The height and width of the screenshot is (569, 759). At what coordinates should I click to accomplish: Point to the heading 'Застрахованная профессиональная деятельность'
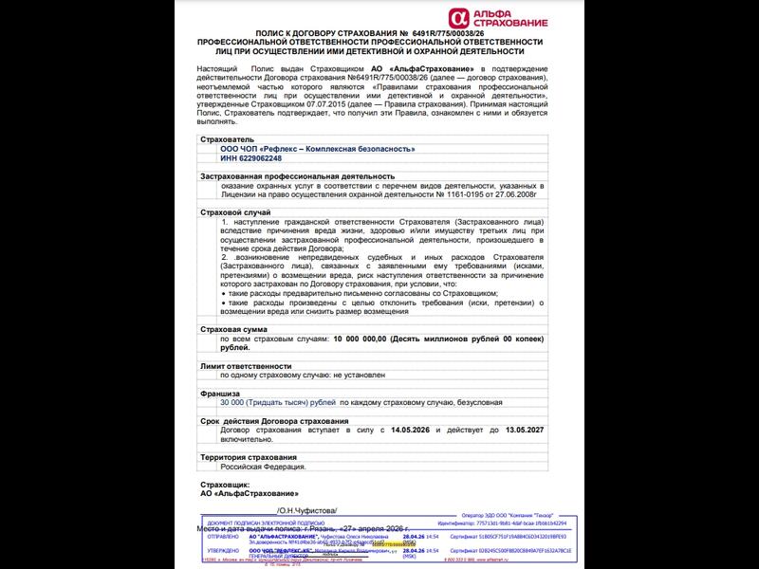297,175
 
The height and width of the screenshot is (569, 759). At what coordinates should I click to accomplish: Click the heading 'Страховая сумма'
233,328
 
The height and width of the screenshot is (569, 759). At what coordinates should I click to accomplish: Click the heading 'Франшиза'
221,393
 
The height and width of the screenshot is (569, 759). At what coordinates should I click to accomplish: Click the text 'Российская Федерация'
264,467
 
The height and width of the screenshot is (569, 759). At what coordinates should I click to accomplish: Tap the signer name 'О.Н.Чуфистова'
305,509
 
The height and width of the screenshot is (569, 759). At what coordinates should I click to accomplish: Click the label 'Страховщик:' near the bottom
225,484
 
